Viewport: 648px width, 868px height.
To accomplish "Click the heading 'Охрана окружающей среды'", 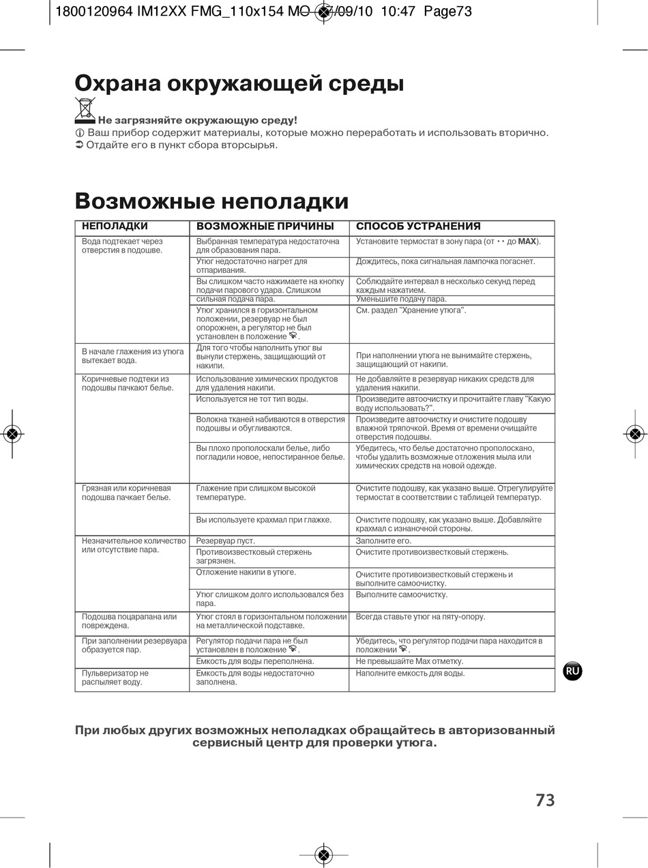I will (239, 83).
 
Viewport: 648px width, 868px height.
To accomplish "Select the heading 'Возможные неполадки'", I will (211, 201).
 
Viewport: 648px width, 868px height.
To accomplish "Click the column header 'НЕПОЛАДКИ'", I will (115, 226).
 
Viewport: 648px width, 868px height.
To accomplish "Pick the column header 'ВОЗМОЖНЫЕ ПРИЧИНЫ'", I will (265, 227).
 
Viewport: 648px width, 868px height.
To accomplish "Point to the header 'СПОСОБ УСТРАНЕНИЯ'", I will (418, 227).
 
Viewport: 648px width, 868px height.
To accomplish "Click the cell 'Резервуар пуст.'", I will (226, 541).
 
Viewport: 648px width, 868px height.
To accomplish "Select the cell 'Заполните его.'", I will (384, 541).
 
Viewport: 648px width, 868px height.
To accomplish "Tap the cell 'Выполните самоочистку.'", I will (402, 594).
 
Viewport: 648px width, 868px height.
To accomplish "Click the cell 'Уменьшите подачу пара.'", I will (402, 299).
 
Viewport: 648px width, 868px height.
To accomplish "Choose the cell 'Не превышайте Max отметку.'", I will (409, 661).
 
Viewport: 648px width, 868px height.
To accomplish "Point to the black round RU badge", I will (572, 671).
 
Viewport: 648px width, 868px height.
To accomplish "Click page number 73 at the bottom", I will (545, 800).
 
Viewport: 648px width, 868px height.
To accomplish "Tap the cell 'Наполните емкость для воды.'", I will (411, 673).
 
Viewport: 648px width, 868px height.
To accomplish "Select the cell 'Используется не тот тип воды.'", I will (252, 399).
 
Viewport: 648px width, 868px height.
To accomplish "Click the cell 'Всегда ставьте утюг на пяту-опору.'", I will (421, 617).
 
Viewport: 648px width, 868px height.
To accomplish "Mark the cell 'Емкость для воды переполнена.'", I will (255, 661).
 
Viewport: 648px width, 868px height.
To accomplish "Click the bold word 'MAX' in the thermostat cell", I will (527, 242).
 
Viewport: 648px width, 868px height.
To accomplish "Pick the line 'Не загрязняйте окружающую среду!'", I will (198, 121).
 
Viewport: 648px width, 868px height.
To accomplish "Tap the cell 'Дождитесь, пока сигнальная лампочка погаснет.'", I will (445, 261).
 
